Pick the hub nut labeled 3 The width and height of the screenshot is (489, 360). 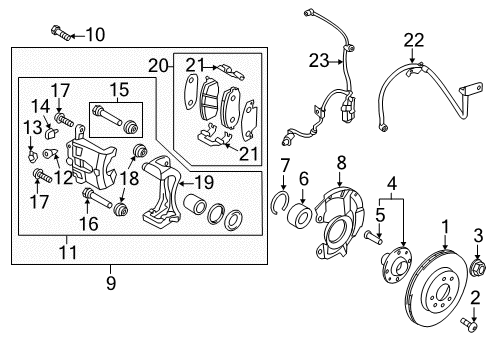click(x=475, y=268)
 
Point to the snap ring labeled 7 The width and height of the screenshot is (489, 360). click(x=281, y=206)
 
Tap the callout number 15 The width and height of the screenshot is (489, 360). click(x=119, y=88)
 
